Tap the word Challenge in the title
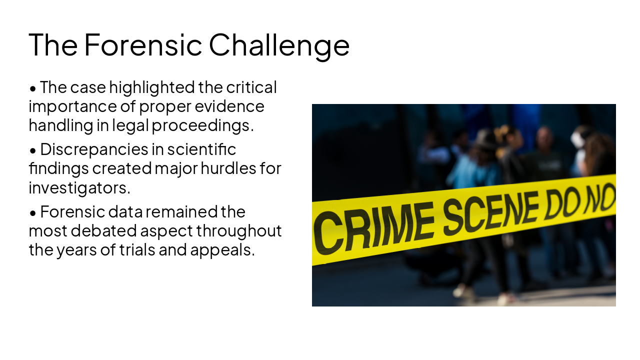click(279, 45)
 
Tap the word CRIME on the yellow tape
click(373, 227)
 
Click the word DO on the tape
click(562, 203)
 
